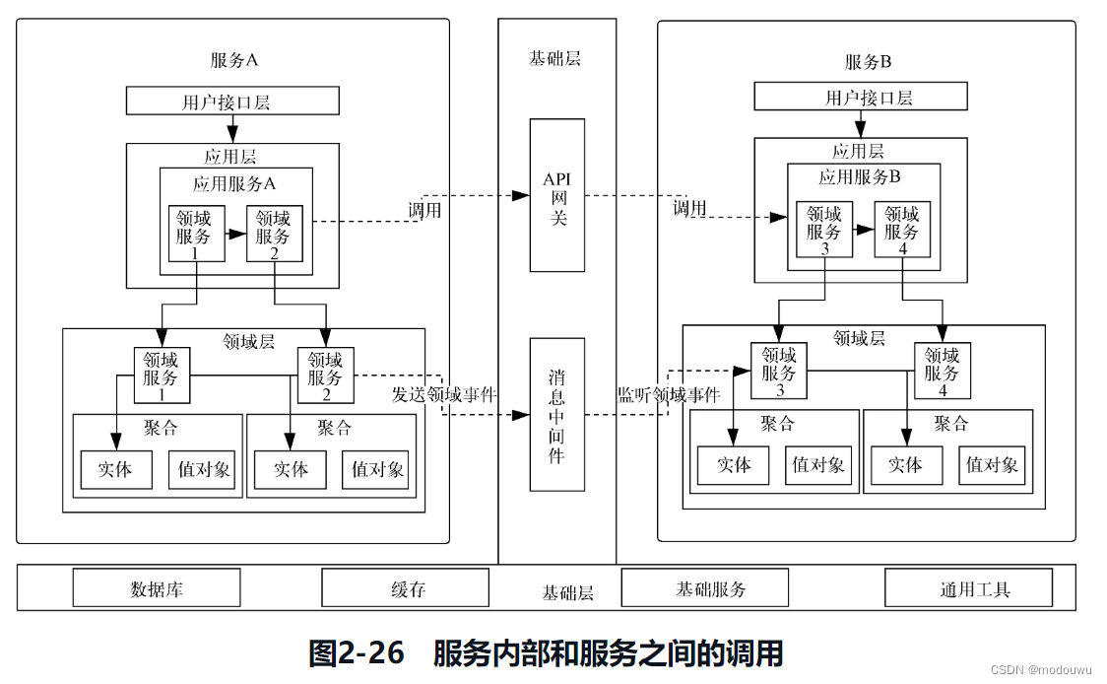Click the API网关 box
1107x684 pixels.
tap(557, 195)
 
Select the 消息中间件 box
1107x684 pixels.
tap(557, 414)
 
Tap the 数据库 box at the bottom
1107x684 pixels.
tap(157, 588)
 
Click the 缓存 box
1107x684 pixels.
tap(405, 588)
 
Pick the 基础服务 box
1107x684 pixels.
tap(704, 588)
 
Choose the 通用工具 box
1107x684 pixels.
tap(968, 588)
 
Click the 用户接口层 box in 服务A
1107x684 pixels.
tap(232, 101)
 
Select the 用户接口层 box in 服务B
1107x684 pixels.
tap(861, 97)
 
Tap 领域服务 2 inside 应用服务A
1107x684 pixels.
tap(274, 234)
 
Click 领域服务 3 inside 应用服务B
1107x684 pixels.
tap(824, 229)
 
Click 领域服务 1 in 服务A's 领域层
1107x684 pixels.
tap(162, 375)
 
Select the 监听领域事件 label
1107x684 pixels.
tap(669, 395)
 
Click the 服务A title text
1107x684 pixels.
tap(233, 60)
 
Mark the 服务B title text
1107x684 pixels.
tap(868, 62)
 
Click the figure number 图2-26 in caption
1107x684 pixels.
tap(356, 652)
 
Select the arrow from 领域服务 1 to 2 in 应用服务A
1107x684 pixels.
tap(235, 234)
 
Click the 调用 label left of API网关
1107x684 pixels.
tap(425, 210)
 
